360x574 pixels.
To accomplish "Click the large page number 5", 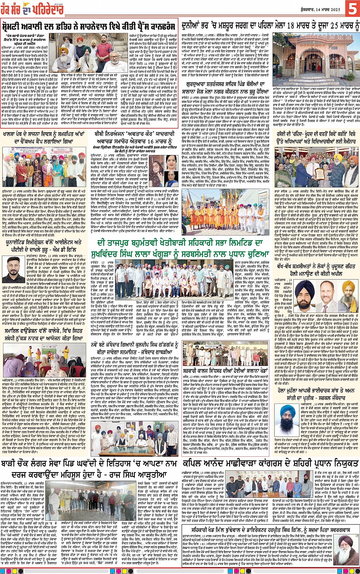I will click(x=351, y=8).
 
